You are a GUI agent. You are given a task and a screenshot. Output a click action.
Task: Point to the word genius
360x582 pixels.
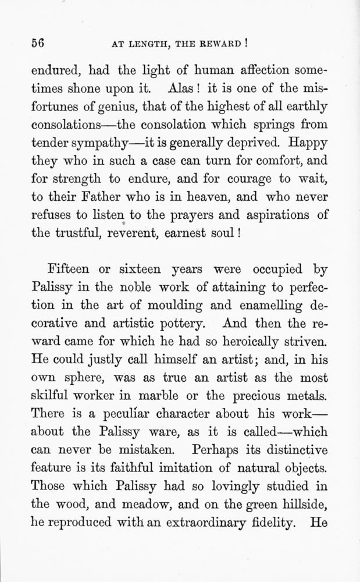coord(113,109)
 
